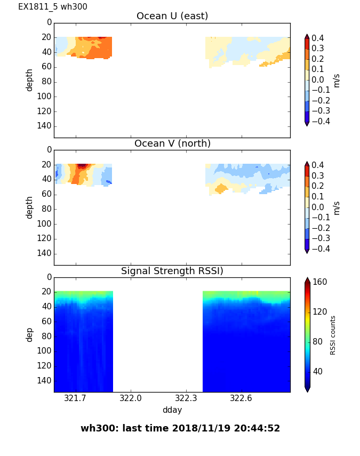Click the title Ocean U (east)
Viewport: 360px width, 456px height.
(x=172, y=16)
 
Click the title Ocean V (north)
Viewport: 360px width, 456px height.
(x=172, y=143)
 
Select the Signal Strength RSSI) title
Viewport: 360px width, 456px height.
(x=172, y=271)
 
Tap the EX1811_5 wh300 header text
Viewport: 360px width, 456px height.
(x=53, y=7)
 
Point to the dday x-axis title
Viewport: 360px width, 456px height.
(x=172, y=410)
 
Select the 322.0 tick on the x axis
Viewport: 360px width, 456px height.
(x=130, y=398)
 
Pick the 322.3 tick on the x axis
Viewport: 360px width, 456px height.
(x=186, y=398)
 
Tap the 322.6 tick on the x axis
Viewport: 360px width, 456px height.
(x=241, y=398)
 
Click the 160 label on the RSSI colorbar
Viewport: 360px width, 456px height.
(x=320, y=282)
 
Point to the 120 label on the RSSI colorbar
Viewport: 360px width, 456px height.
(x=320, y=312)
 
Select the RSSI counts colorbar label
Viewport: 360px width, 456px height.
(x=333, y=335)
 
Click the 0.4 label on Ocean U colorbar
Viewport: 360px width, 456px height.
(x=319, y=38)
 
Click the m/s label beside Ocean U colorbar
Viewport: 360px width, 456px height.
(x=337, y=80)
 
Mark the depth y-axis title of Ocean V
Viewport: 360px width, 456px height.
(x=30, y=207)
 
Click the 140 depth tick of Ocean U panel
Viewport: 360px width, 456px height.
(x=45, y=126)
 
